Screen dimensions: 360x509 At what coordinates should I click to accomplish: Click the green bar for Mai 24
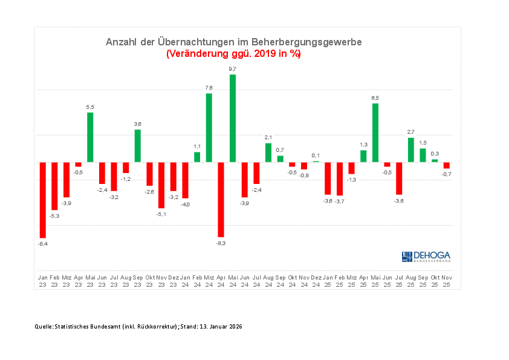233,119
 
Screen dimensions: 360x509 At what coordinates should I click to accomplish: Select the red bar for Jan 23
43,200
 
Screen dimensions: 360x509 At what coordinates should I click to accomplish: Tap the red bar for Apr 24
221,199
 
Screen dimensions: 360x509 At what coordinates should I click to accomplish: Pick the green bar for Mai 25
375,133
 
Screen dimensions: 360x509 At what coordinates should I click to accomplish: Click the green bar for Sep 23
138,146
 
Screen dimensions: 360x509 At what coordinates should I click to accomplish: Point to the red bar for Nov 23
161,185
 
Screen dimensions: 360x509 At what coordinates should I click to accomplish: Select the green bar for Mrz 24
209,128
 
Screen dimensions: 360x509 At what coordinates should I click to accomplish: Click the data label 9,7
233,70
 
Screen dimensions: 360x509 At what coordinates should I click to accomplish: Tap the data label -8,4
43,243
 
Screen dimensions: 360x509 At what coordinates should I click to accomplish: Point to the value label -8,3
221,243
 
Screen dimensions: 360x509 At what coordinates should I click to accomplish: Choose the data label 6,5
375,98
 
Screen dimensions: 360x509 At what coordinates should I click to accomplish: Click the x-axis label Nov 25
447,281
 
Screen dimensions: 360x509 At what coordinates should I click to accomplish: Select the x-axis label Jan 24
185,281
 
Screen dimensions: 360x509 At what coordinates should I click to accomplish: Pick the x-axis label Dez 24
316,281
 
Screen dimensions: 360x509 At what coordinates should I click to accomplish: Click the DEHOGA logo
426,257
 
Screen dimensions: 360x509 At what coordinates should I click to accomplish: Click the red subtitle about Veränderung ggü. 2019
233,54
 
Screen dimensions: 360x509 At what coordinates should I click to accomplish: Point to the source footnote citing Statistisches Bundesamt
138,327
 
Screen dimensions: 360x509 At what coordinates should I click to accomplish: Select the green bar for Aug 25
411,150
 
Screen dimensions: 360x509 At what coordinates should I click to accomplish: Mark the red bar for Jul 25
399,178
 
